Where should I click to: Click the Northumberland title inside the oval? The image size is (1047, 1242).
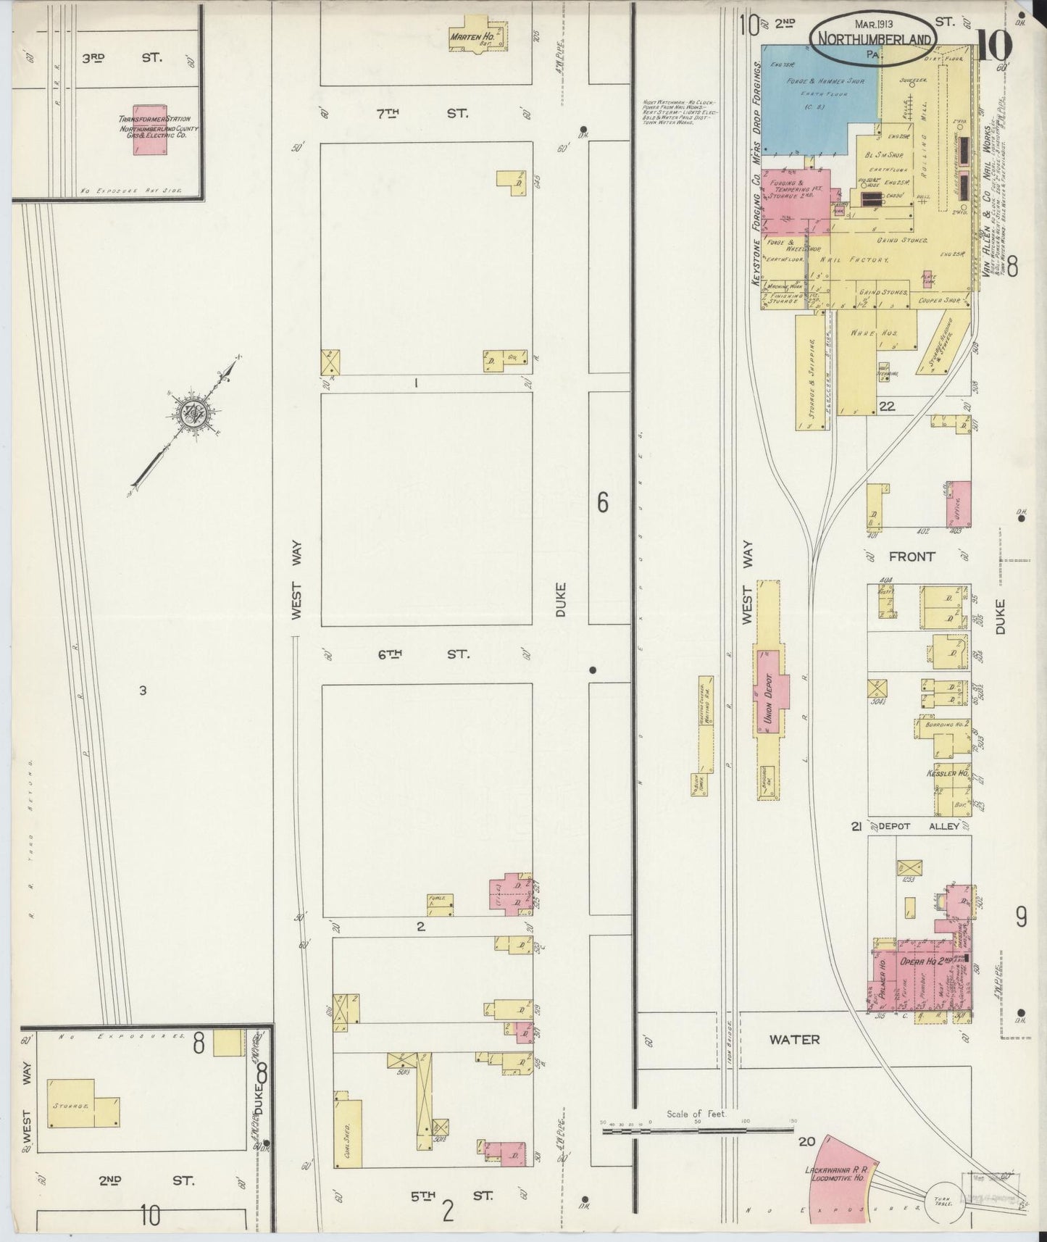coord(872,41)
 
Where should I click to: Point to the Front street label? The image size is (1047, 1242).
coord(912,557)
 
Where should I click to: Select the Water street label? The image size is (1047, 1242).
coord(794,1039)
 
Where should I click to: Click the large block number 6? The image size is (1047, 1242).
coord(602,503)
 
